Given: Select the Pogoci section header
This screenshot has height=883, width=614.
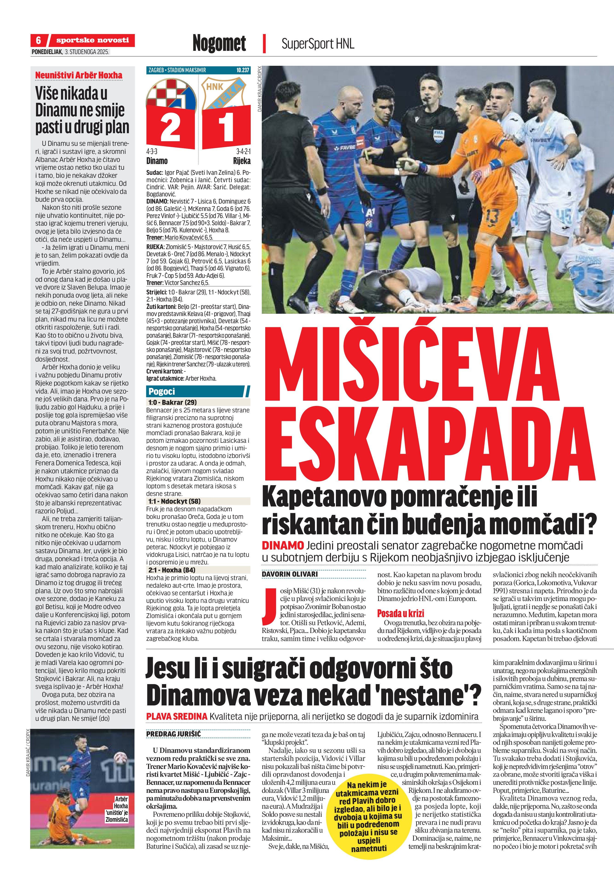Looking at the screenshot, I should tap(162, 391).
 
